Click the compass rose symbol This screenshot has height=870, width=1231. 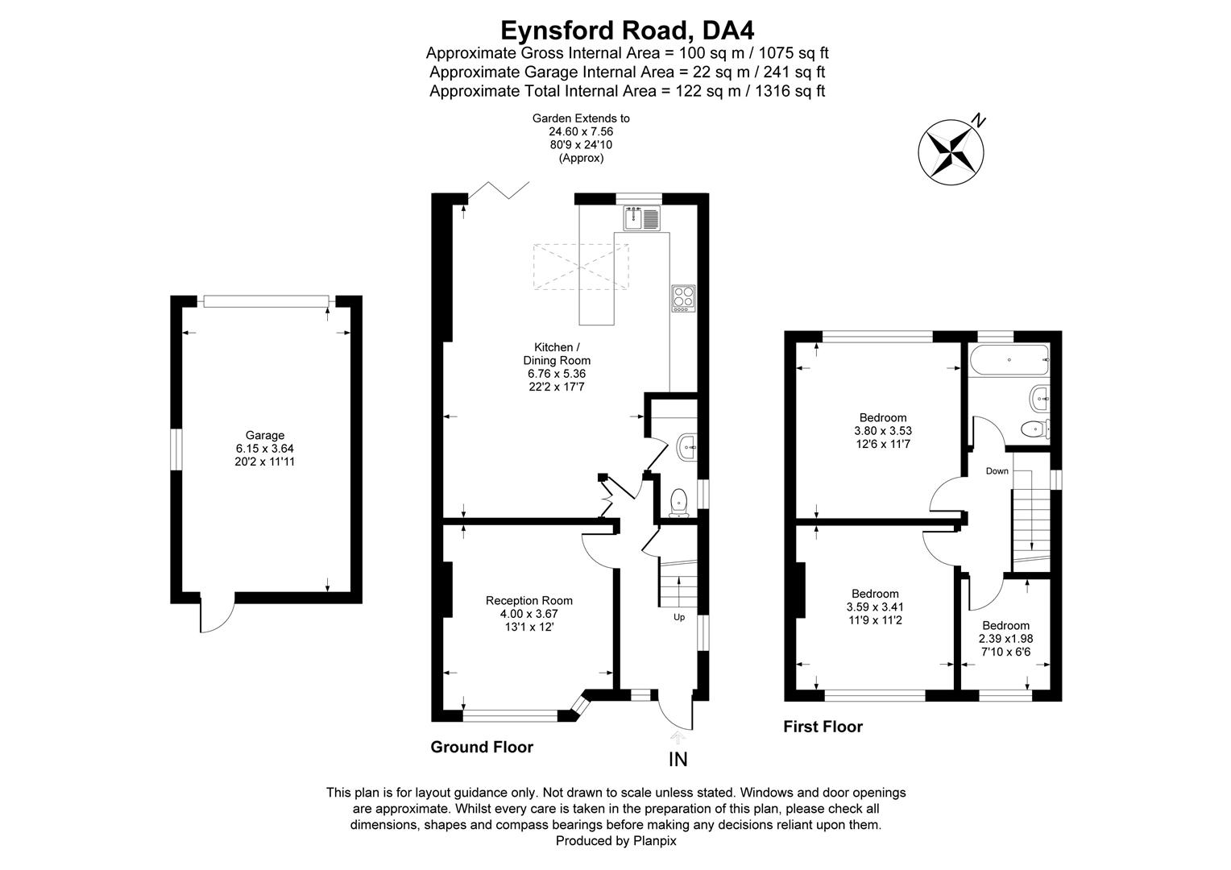point(951,151)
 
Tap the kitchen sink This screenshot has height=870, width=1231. point(642,218)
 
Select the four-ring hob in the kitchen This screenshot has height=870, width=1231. point(684,298)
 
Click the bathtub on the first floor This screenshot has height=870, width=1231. point(1009,359)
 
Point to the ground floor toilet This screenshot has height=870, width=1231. point(680,503)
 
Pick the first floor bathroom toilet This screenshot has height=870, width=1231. point(1035,428)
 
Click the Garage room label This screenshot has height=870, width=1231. point(264,435)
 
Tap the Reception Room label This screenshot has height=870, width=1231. point(528,601)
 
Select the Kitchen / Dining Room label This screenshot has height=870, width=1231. point(557,354)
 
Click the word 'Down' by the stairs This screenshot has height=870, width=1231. point(997,471)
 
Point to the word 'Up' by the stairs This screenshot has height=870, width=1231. point(679,617)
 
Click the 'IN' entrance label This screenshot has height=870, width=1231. point(678,760)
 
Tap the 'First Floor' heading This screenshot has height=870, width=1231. point(823,727)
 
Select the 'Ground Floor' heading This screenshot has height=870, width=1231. point(482,747)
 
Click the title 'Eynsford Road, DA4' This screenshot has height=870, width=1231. point(627,31)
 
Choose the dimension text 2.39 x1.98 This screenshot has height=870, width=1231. point(1005,639)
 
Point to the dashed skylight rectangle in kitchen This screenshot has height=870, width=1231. point(581,267)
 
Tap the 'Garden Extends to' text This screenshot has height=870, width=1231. point(581,118)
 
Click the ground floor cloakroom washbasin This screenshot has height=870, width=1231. point(687,447)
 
